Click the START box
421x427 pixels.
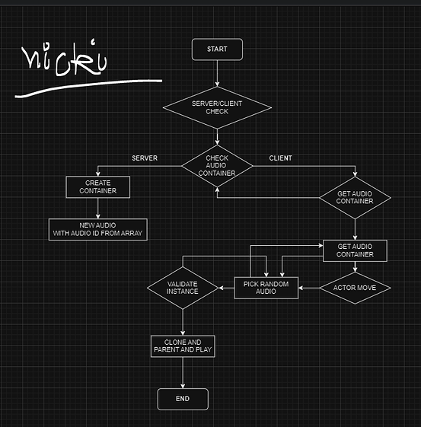pos(217,49)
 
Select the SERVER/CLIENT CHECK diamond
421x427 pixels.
pos(217,107)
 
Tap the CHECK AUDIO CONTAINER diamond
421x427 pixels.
pos(217,167)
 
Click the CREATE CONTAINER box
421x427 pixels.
pos(97,186)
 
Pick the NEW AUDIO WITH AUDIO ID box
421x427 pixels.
pos(97,229)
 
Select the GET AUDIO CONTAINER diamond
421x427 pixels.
pos(355,197)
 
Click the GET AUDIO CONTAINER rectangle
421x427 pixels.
pos(355,250)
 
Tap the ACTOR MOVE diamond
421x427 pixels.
pos(354,288)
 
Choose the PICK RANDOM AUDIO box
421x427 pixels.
pos(266,288)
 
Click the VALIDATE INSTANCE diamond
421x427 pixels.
pos(183,288)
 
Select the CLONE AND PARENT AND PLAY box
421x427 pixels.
pos(183,346)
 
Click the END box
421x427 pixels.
pos(183,398)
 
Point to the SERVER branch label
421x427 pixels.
pos(145,158)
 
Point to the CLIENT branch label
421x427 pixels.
pos(280,158)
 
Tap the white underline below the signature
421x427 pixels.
pos(88,88)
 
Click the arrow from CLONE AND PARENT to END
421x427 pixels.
pos(183,373)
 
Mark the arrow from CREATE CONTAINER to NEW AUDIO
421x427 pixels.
pos(97,208)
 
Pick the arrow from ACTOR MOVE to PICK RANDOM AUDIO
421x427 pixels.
pos(308,288)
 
